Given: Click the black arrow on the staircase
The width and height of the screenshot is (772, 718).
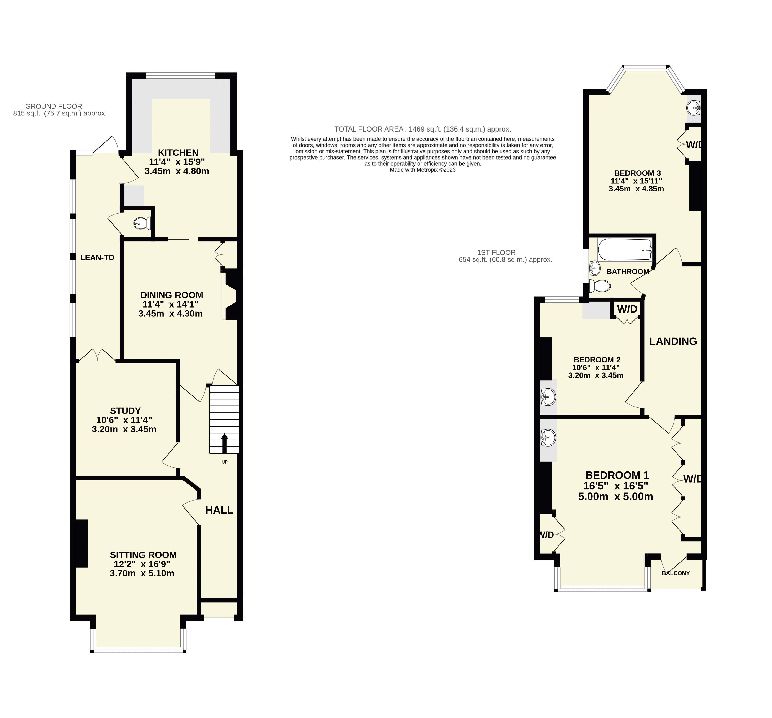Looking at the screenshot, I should point(224,443).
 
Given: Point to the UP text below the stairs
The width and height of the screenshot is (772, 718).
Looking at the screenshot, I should point(224,462).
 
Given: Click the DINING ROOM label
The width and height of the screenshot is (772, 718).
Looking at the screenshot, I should point(171,295).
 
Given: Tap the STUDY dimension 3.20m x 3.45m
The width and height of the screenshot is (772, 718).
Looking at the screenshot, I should point(124,429).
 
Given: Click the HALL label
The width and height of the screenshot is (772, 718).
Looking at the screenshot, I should point(219,510).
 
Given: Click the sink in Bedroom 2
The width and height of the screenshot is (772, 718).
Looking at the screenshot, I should point(548,397).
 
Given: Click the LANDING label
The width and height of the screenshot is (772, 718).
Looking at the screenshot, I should point(673,341).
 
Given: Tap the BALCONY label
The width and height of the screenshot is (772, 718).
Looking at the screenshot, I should point(676,573).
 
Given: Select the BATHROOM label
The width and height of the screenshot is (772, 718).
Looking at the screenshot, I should point(628,272).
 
